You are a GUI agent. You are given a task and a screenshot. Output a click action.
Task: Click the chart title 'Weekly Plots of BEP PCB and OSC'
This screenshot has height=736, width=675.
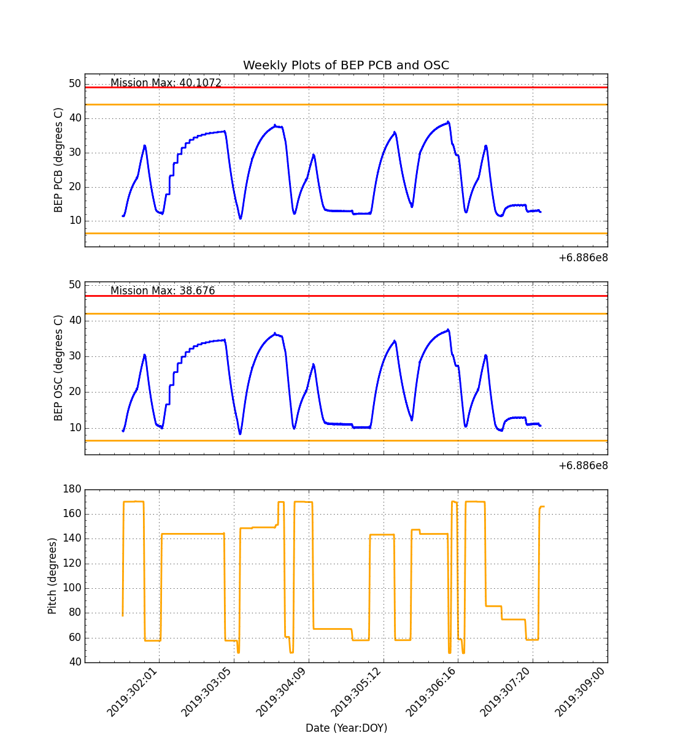coord(346,66)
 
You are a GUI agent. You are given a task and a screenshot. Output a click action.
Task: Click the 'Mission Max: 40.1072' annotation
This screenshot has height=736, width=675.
coord(166,83)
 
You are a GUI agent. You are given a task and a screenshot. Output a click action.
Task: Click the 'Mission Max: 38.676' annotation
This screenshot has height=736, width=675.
coord(163,291)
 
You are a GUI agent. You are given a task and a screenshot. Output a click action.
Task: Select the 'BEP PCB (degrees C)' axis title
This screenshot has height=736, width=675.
coord(59,160)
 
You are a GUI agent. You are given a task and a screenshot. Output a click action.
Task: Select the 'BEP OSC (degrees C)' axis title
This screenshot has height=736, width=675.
coord(59,368)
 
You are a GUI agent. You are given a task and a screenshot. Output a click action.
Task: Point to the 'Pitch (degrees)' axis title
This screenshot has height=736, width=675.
coord(53,576)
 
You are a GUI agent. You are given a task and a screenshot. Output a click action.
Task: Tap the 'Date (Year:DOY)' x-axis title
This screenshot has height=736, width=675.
coord(346,728)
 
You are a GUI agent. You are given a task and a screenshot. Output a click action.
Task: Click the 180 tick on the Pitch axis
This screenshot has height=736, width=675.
coord(72,489)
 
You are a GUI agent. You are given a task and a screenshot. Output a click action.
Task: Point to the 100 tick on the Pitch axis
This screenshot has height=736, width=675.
coord(72,588)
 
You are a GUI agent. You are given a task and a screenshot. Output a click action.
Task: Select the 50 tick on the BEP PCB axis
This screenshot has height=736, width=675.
coord(74,83)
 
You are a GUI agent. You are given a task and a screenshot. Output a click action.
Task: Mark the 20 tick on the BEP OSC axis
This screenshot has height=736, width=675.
coord(74,392)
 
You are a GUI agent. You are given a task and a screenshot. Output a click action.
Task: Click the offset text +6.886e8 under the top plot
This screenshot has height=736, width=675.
coord(583,258)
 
